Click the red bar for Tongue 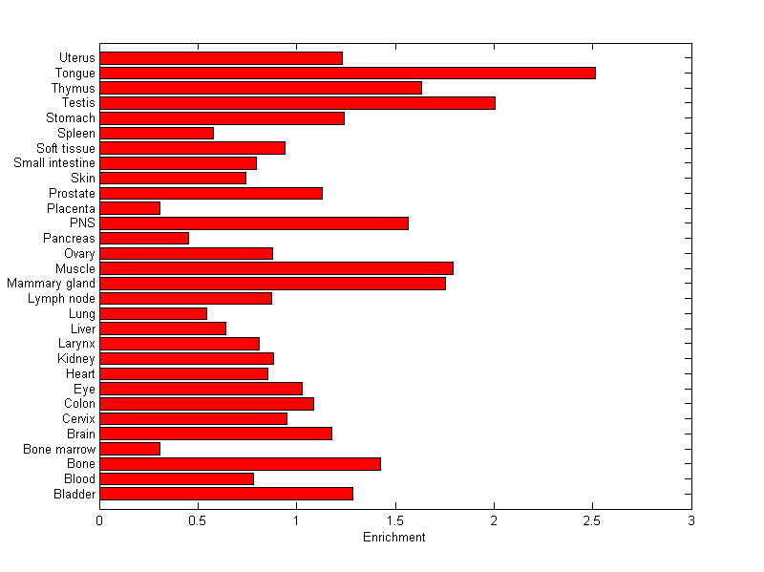tap(347, 73)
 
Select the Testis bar tap(297, 103)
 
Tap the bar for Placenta tap(130, 208)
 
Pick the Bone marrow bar tap(130, 449)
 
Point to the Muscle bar tap(276, 268)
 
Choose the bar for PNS tap(254, 223)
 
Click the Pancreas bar tap(144, 238)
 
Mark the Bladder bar tap(226, 494)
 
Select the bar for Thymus tap(261, 88)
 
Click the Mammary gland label tap(51, 284)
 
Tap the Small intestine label tap(54, 163)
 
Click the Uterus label tap(76, 58)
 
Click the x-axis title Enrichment tap(394, 538)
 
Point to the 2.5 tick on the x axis tap(592, 521)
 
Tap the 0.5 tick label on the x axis tap(198, 521)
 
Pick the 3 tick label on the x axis tap(690, 521)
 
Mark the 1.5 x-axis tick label tap(394, 521)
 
